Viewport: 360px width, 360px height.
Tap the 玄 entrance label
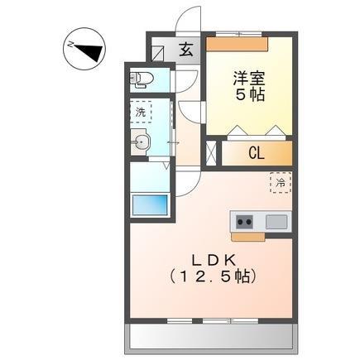[x=186, y=50]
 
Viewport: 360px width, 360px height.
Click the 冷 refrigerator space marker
[x=280, y=181]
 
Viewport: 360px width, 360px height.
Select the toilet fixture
[x=142, y=80]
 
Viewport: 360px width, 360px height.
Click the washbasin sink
[x=142, y=143]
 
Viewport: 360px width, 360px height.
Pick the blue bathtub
[x=150, y=204]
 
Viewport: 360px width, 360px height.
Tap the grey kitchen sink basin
[x=276, y=220]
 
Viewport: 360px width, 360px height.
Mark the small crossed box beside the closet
[x=209, y=153]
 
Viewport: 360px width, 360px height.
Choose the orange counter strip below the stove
[x=247, y=236]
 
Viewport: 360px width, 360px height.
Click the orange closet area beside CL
[x=281, y=152]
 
